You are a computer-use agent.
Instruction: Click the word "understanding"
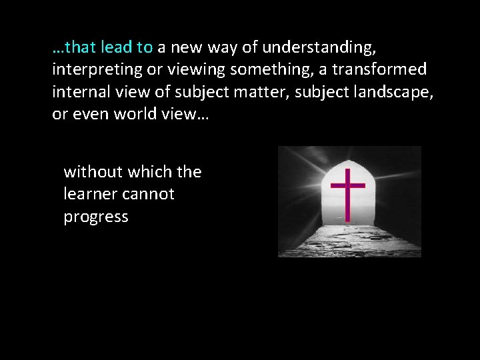point(318,48)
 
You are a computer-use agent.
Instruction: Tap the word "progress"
point(96,217)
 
